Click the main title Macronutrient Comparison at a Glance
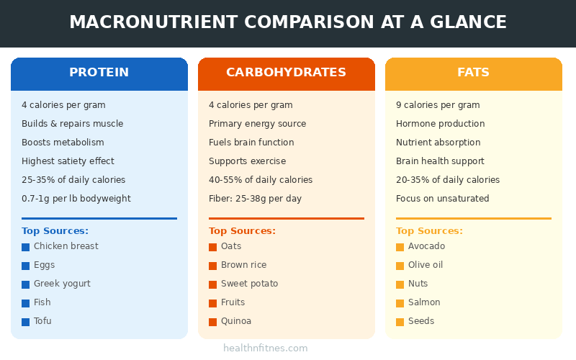point(288,22)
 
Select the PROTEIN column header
point(99,73)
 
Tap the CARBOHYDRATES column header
point(287,73)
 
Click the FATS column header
point(474,73)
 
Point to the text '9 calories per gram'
point(438,105)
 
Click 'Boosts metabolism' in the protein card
point(63,143)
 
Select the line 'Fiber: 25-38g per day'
point(256,199)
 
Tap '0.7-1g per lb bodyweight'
point(76,199)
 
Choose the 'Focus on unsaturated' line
point(443,199)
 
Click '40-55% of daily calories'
point(261,180)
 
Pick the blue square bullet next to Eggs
point(26,266)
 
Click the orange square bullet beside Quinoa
point(213,322)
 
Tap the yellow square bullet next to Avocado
point(400,247)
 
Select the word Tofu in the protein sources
point(42,321)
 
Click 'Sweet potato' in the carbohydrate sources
point(249,284)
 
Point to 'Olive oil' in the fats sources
point(426,265)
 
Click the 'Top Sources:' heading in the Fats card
point(429,231)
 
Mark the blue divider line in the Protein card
point(99,218)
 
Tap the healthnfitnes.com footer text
point(266,348)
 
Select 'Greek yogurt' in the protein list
point(62,284)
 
